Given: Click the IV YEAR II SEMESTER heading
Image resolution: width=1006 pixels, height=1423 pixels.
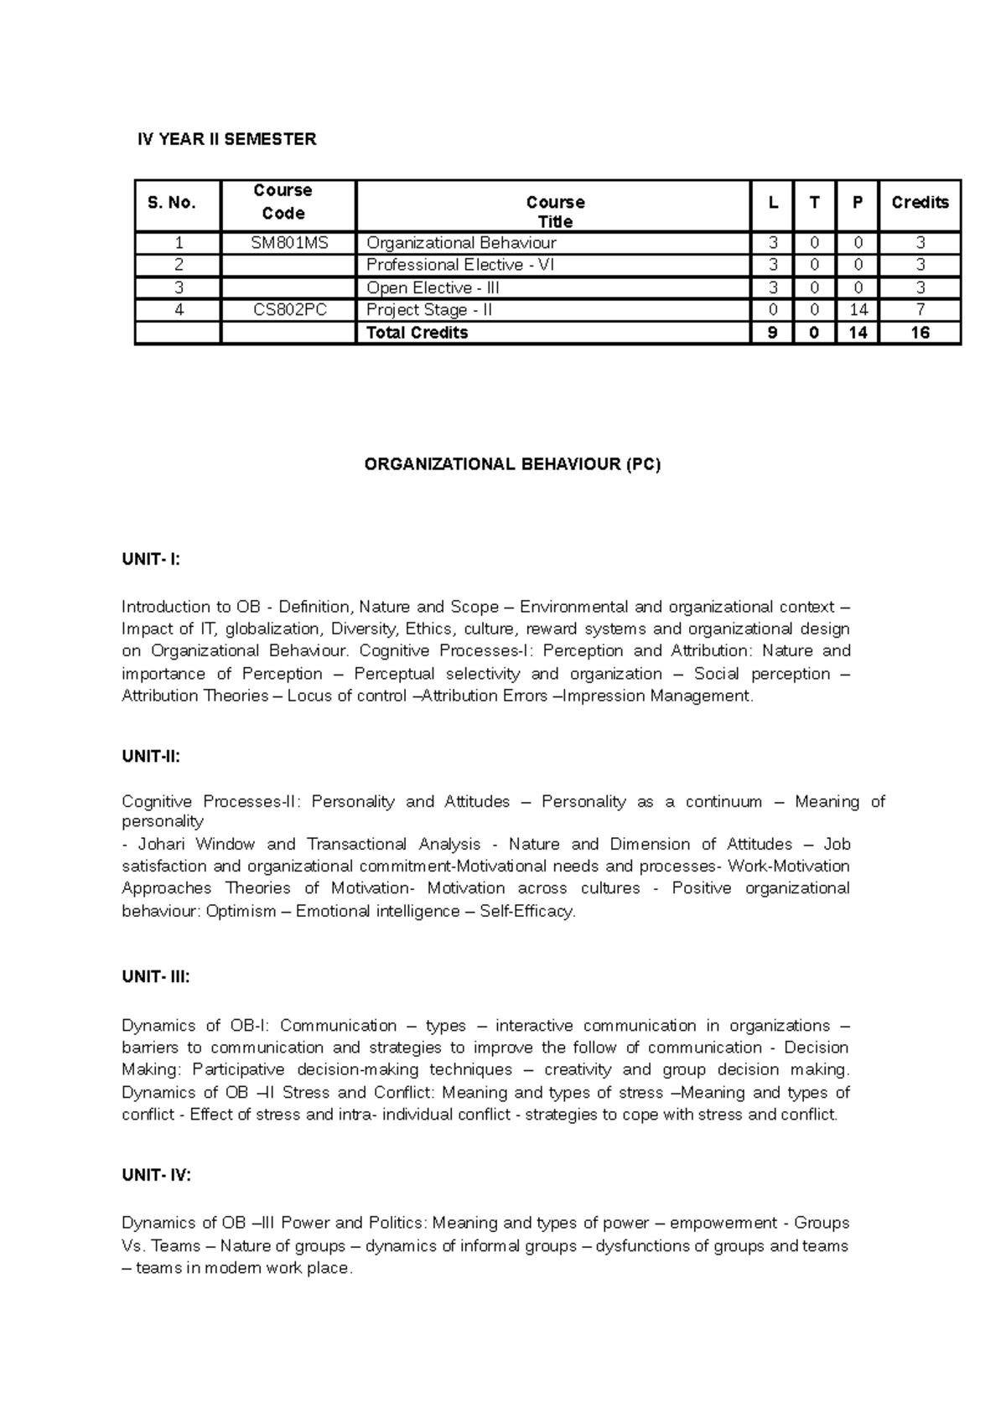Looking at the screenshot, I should (227, 139).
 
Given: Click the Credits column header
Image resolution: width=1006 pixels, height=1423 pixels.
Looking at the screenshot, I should (920, 202).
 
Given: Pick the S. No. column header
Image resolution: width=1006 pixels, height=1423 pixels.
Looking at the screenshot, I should (172, 202).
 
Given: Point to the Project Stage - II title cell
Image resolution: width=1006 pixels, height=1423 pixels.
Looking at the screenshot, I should (429, 310).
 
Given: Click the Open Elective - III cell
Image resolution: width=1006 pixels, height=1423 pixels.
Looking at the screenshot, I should (433, 287).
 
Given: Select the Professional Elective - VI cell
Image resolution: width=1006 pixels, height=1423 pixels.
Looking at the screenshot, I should (460, 265).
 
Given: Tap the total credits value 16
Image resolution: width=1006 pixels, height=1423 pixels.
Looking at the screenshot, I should (920, 333).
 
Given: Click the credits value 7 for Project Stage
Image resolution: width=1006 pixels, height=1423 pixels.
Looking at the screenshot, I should (920, 310).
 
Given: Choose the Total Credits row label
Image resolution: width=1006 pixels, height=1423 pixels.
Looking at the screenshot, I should (417, 333).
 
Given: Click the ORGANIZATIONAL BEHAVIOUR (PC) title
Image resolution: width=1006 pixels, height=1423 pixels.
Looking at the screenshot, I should (513, 464).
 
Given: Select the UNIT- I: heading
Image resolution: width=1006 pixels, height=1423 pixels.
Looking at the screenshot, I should (151, 560).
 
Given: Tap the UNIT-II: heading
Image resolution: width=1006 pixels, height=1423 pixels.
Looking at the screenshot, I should (151, 756).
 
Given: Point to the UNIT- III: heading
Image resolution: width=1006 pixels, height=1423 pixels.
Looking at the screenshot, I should (156, 976).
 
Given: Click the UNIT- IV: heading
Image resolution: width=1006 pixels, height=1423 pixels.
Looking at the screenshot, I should (157, 1175).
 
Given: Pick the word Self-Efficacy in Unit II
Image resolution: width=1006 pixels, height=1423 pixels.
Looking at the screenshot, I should (526, 911).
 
